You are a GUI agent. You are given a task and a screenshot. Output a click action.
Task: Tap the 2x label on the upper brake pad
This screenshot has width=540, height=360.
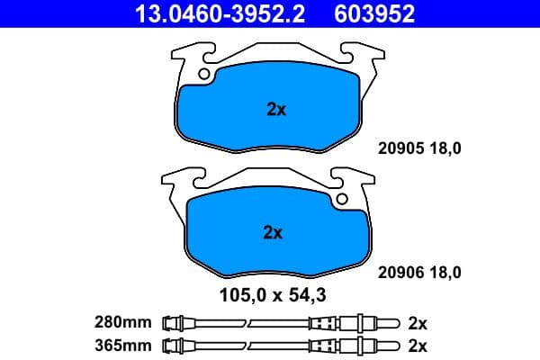pyautogui.click(x=276, y=110)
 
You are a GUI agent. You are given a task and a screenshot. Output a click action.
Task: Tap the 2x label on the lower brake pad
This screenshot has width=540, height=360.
pyautogui.click(x=273, y=232)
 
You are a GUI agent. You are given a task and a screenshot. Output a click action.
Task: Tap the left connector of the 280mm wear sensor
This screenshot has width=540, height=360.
pyautogui.click(x=176, y=322)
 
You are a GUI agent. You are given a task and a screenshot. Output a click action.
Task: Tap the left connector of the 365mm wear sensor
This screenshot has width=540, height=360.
pyautogui.click(x=176, y=346)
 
